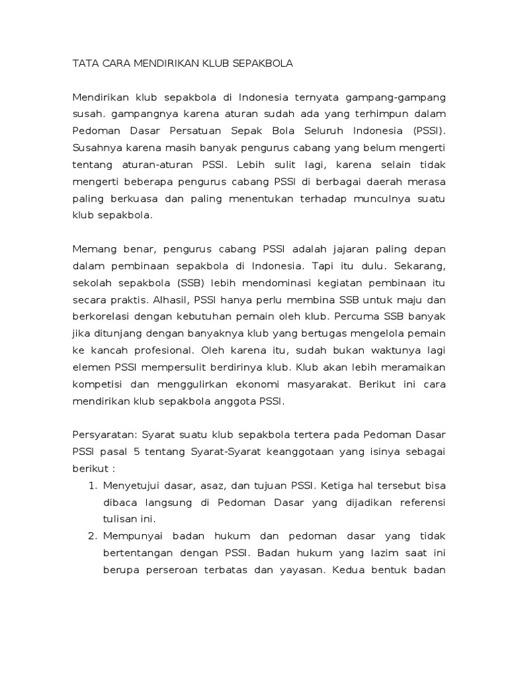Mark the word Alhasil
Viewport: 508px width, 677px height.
tap(168, 300)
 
